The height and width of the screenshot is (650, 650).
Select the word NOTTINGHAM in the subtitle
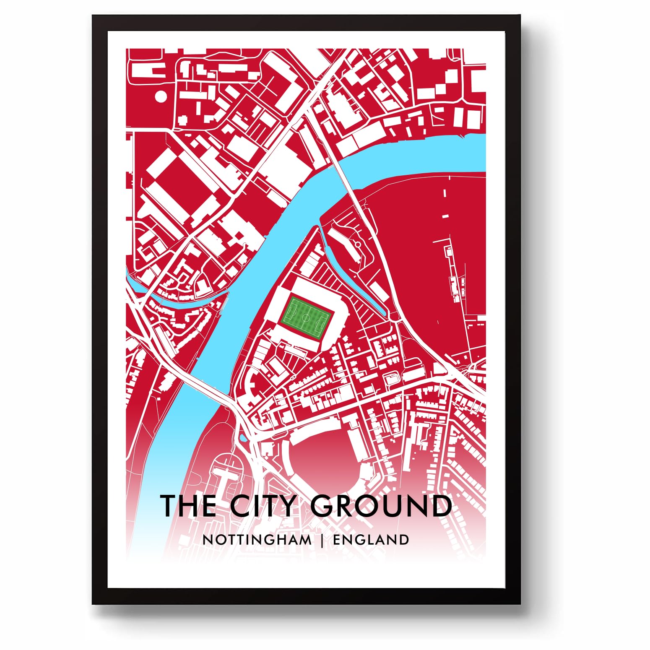257,540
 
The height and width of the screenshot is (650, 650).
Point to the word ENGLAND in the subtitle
371,540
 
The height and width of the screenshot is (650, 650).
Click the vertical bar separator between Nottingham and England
322,540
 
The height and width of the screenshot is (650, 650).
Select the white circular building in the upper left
161,96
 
